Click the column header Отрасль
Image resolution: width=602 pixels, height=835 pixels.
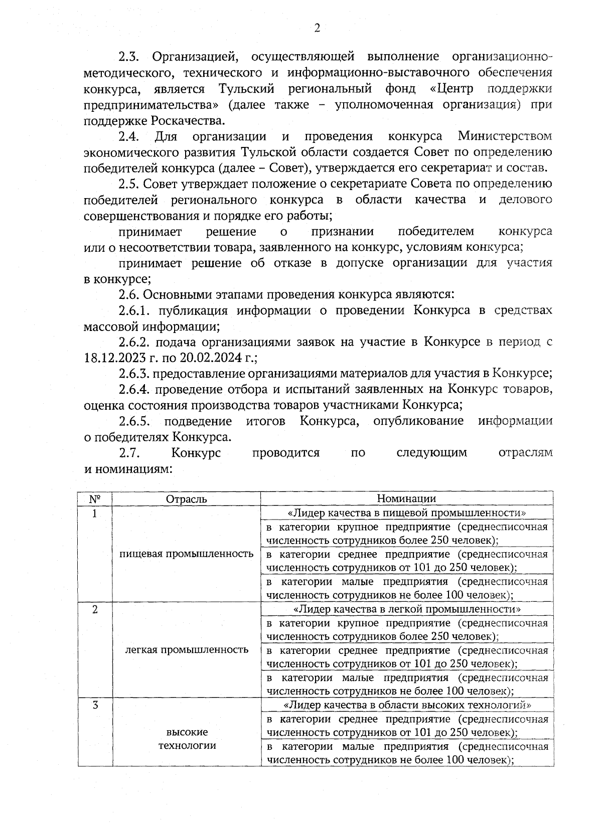tap(186, 498)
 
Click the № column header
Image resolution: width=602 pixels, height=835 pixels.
tap(95, 498)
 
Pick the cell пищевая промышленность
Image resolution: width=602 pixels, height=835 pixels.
tap(186, 554)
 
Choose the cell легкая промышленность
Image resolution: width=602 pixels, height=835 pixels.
tap(186, 649)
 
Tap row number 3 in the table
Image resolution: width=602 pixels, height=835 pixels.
tap(95, 705)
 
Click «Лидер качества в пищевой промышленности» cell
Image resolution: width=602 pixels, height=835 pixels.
tap(406, 513)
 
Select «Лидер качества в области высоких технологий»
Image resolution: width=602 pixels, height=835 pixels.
tap(406, 705)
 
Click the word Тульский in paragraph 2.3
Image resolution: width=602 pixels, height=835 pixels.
tap(247, 89)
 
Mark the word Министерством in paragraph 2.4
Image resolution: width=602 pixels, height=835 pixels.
tap(505, 136)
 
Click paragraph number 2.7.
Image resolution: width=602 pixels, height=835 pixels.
tap(129, 453)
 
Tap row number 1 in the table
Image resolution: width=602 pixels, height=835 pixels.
tap(95, 513)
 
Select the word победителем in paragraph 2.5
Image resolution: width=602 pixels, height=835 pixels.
tap(435, 232)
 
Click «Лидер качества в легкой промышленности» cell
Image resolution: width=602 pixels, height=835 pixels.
tap(406, 609)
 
